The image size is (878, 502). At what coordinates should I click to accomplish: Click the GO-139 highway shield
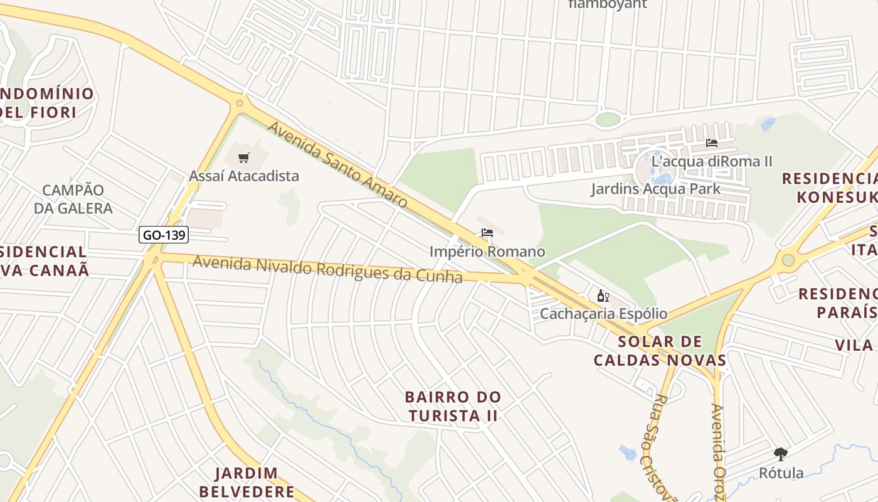(163, 235)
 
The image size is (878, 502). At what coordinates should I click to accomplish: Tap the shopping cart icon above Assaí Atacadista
(244, 158)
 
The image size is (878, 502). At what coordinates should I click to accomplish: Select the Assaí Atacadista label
(244, 176)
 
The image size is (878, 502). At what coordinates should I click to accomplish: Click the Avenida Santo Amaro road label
(337, 164)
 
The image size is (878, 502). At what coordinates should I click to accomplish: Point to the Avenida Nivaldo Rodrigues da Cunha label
(327, 269)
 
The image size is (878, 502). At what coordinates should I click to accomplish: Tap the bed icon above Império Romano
(487, 233)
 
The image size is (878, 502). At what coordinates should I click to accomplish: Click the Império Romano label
(487, 252)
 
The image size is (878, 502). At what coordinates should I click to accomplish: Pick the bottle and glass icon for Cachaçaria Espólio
(603, 296)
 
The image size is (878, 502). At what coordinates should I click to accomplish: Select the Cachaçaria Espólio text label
(603, 313)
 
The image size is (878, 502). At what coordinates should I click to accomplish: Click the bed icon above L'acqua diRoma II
(711, 143)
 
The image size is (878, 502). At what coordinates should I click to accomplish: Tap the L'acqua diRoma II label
(711, 161)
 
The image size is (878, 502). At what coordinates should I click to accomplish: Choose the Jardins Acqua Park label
(655, 189)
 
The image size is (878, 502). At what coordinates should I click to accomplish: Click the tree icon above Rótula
(781, 454)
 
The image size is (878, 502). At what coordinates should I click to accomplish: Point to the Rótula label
(781, 473)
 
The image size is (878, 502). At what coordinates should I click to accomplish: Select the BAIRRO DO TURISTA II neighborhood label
(453, 406)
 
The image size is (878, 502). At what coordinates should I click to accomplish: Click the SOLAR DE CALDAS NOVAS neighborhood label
(660, 351)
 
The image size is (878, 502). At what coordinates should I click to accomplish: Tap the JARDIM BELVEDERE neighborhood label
(255, 482)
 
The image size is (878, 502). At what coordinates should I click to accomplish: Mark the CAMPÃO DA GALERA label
(73, 199)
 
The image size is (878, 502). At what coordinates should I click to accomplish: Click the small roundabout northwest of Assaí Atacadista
(239, 103)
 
